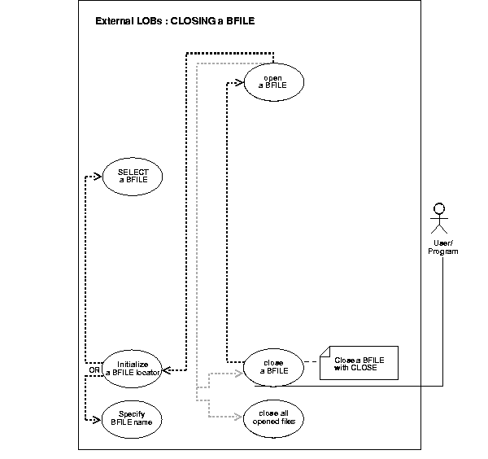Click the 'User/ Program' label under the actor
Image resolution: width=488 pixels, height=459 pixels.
(x=443, y=247)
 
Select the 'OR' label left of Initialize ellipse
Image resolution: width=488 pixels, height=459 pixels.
(x=93, y=370)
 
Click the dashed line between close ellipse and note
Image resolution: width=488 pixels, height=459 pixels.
(x=311, y=363)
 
